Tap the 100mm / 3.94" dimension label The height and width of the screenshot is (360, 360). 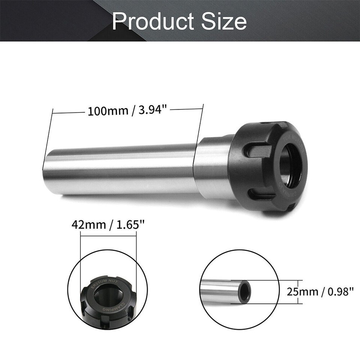126,111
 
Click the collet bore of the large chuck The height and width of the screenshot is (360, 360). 290,165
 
